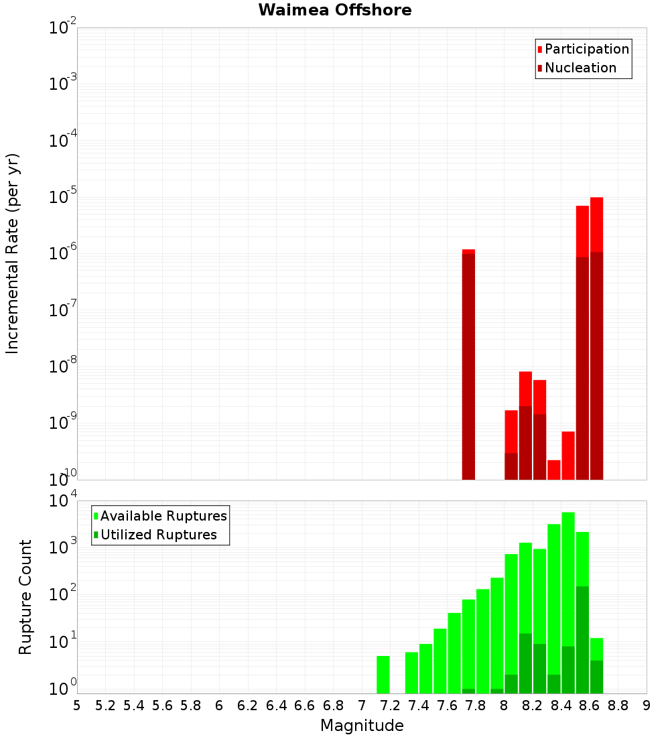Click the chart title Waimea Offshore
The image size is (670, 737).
(335, 10)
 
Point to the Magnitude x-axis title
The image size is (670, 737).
(362, 726)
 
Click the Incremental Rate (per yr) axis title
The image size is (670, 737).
(13, 253)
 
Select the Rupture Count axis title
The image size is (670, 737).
(25, 597)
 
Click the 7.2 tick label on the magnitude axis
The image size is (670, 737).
(390, 705)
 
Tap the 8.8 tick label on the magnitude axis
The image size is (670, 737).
(618, 705)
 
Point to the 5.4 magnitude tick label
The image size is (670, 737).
(134, 705)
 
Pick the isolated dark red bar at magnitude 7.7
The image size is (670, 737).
(468, 368)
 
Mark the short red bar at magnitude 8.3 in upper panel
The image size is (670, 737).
(553, 470)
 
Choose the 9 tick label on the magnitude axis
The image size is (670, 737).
(647, 705)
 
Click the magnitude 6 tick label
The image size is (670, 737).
(219, 705)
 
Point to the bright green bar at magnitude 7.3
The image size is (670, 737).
(411, 673)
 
